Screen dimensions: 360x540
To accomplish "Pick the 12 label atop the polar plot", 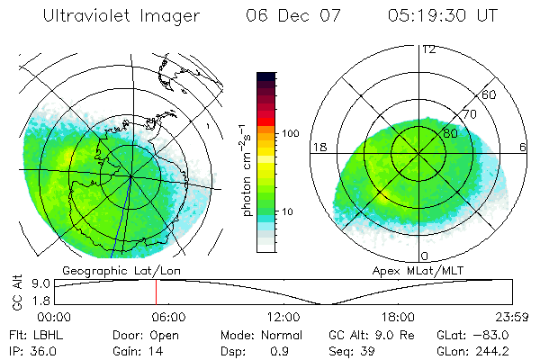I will (x=428, y=49).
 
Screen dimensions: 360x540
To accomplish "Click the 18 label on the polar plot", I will (x=318, y=146).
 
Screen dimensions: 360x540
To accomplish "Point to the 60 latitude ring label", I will (x=489, y=95).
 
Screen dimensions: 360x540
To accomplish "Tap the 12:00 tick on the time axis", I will (x=283, y=317).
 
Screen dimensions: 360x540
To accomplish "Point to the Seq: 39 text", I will (x=354, y=350).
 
